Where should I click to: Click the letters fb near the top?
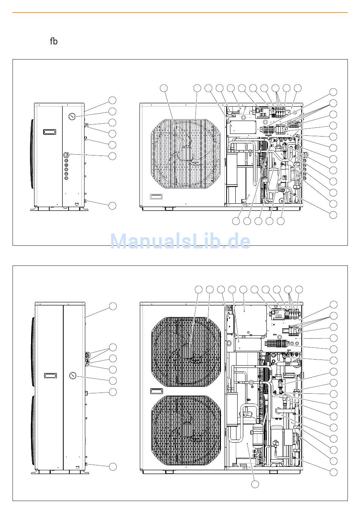[x=54, y=41]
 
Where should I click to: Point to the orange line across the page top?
[x=180, y=13]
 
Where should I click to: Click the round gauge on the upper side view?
[x=72, y=116]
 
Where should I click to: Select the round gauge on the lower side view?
[x=73, y=376]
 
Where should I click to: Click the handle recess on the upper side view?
[x=50, y=132]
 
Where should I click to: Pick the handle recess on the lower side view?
[x=50, y=376]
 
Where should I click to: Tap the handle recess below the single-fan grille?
[x=156, y=196]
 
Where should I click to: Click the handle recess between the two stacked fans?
[x=157, y=391]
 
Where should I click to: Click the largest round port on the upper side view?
[x=66, y=154]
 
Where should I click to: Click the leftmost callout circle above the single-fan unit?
[x=164, y=88]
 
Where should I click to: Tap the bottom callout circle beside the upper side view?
[x=112, y=206]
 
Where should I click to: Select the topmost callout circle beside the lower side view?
[x=113, y=306]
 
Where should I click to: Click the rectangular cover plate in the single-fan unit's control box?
[x=242, y=127]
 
